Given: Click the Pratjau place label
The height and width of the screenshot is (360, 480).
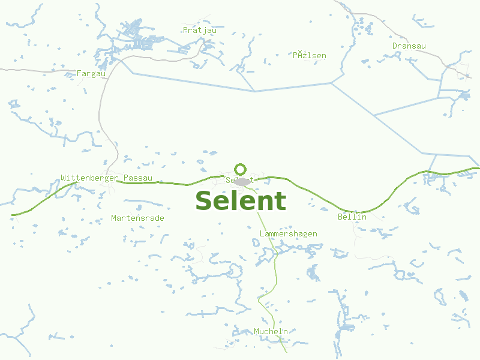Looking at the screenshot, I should tap(199, 30).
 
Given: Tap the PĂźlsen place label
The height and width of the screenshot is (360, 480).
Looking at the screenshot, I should tap(310, 56).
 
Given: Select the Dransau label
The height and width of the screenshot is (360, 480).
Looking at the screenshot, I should tap(409, 46).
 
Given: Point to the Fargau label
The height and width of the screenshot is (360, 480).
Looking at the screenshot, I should tap(91, 74).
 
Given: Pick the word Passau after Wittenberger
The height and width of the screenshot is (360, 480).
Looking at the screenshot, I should tap(138, 178).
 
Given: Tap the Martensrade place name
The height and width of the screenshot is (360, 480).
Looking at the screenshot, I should tap(137, 218).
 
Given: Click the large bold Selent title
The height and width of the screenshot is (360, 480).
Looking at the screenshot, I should tap(241, 201).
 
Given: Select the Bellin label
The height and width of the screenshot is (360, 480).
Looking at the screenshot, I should tap(352, 217).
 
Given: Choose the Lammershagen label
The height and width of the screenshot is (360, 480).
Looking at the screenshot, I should tap(289, 233).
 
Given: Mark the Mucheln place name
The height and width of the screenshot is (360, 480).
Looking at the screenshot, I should tap(271, 331).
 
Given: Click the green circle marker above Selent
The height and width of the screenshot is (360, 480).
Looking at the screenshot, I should tap(241, 169).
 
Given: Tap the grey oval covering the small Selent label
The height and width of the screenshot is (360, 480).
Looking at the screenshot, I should tap(242, 181).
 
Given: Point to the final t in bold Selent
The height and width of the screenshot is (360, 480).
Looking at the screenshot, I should tap(280, 201).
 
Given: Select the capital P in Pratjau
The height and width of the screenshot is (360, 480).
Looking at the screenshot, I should tap(185, 30).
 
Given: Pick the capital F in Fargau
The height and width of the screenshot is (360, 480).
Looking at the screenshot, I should tap(79, 74).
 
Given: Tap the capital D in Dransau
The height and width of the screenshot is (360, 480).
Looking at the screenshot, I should tap(395, 46).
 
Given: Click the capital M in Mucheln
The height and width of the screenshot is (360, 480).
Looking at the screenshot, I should tap(256, 331).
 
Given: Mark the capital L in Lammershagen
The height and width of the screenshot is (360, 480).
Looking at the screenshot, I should tap(262, 233).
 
